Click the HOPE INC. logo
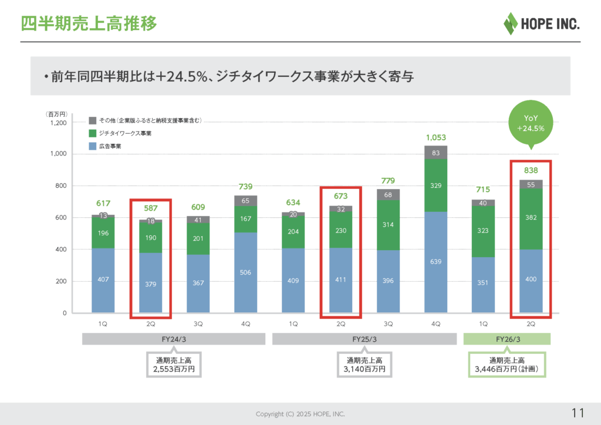[x=541, y=23]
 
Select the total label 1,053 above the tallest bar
[x=435, y=137]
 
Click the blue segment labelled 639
[x=435, y=262]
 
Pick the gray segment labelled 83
[x=435, y=153]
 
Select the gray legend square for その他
[x=93, y=120]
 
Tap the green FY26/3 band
[x=507, y=339]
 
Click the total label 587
[x=150, y=207]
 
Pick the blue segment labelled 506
[x=245, y=272]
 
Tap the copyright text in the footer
[x=300, y=414]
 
